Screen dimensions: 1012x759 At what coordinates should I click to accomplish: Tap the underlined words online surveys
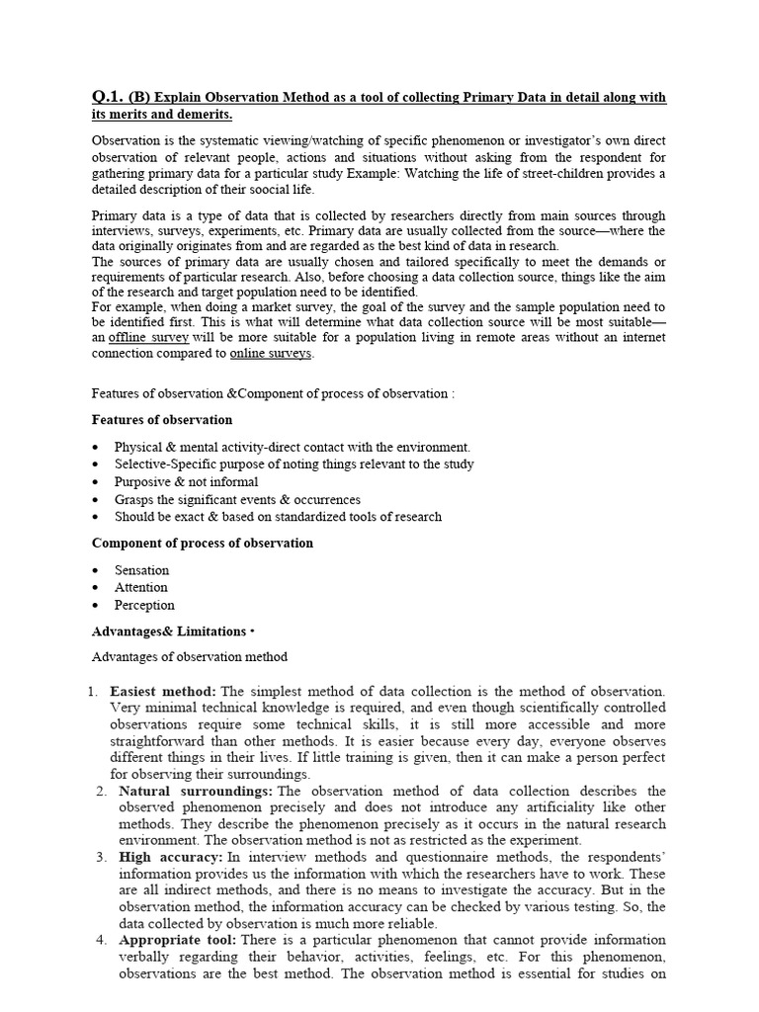pyautogui.click(x=271, y=353)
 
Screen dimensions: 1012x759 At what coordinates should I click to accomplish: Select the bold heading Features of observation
pyautogui.click(x=162, y=420)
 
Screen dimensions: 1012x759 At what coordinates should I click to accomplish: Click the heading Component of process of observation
pyautogui.click(x=202, y=543)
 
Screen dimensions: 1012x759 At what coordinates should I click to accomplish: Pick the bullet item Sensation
pyautogui.click(x=141, y=570)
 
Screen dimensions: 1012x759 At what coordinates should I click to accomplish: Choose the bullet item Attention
pyautogui.click(x=141, y=587)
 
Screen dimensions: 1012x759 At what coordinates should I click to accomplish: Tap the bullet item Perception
pyautogui.click(x=144, y=605)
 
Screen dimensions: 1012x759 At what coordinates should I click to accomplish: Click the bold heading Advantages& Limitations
pyautogui.click(x=168, y=631)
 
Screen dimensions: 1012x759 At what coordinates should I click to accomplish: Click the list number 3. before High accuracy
pyautogui.click(x=101, y=857)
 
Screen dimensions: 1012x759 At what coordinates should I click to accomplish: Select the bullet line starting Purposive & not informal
pyautogui.click(x=186, y=482)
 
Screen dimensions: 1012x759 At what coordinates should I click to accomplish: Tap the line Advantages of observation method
pyautogui.click(x=190, y=657)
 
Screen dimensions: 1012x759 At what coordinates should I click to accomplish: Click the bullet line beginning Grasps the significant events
pyautogui.click(x=237, y=499)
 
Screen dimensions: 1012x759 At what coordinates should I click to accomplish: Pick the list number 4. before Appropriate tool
pyautogui.click(x=101, y=940)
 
